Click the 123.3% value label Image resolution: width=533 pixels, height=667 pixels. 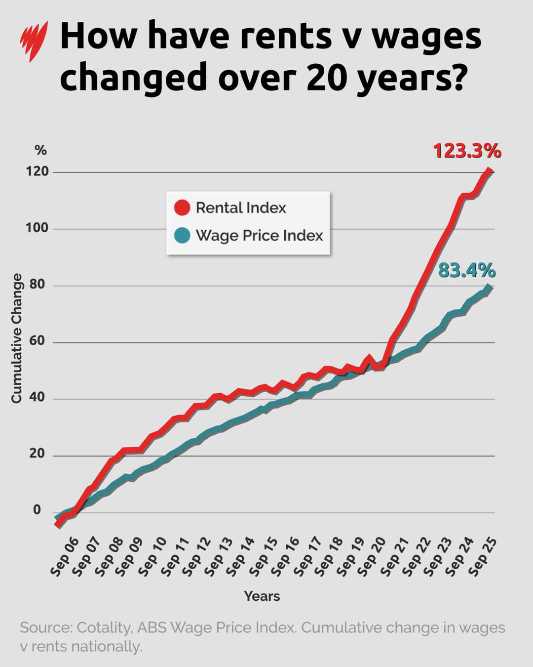coord(467,151)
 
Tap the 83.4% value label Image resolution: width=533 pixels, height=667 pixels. coord(467,271)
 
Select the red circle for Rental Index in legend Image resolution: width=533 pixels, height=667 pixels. coord(182,208)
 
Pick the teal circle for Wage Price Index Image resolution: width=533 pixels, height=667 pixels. coord(182,235)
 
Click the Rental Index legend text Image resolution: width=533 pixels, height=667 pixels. coord(241,208)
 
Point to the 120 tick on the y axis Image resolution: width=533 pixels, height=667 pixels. coord(38,171)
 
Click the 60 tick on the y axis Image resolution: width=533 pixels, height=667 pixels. coord(38,341)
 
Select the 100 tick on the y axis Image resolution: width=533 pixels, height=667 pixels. coord(38,228)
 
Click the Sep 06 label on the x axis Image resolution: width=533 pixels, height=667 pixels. coord(65,557)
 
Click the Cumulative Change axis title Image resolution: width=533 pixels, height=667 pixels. coord(17,338)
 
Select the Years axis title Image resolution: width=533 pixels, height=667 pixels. coord(262,596)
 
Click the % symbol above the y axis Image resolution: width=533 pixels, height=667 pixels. coord(40,150)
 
